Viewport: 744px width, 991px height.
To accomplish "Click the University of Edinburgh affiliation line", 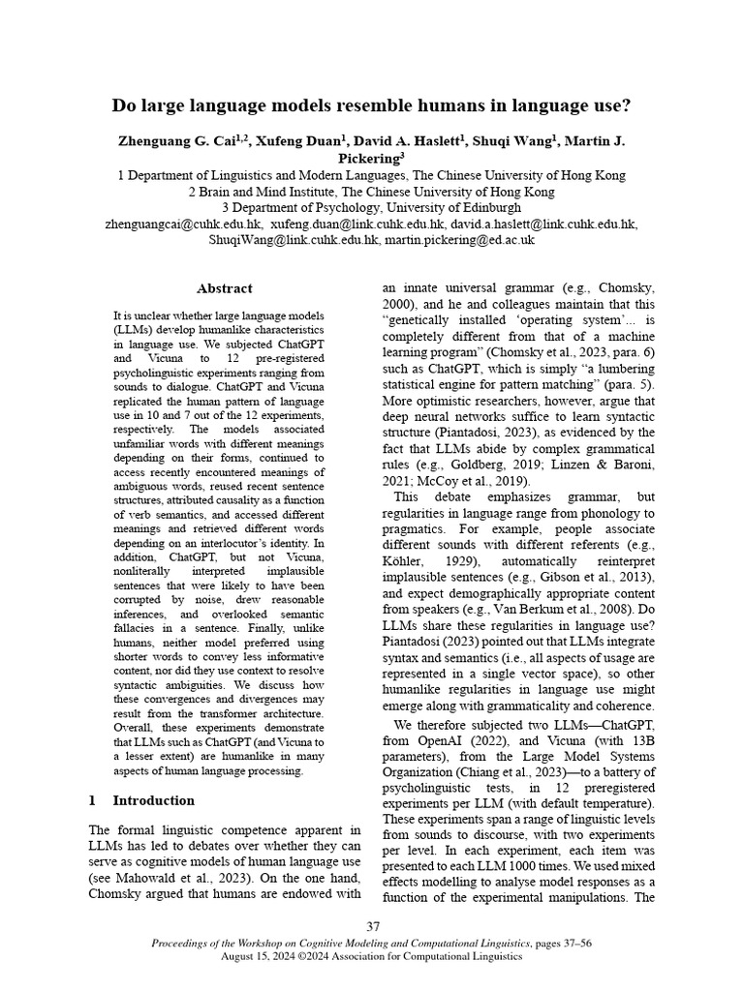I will point(371,207).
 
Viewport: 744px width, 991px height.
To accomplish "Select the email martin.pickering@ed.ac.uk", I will point(459,240).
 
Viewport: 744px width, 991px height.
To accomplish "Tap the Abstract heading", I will point(224,288).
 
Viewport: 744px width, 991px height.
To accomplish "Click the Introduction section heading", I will point(153,800).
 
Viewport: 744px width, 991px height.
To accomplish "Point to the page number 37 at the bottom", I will point(373,925).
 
